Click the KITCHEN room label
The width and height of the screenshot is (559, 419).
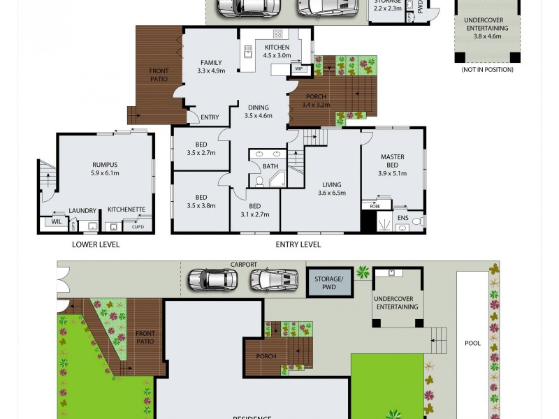click(x=277, y=47)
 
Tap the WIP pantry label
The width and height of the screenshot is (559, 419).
click(x=298, y=69)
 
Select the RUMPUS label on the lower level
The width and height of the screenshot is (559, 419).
click(x=104, y=165)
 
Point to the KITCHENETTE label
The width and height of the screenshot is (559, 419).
click(x=126, y=209)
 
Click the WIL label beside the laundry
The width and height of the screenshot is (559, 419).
click(x=56, y=222)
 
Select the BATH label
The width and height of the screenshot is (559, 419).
click(x=270, y=166)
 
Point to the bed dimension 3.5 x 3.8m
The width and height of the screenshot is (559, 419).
click(x=201, y=206)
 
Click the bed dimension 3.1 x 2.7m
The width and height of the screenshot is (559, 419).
click(x=254, y=215)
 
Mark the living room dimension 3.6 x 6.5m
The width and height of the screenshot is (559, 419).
click(x=332, y=193)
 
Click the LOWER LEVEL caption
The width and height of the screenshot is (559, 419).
click(x=96, y=245)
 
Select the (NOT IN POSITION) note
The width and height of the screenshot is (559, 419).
click(x=487, y=70)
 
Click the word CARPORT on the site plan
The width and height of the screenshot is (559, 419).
click(x=245, y=265)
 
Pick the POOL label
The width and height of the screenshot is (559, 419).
click(x=473, y=344)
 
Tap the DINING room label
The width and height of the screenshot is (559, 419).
click(x=258, y=108)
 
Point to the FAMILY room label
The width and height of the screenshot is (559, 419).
click(x=211, y=62)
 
